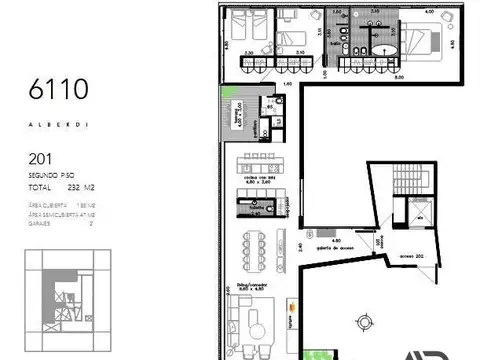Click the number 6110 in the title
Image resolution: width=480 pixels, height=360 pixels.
point(60,90)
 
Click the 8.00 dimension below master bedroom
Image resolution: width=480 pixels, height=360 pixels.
point(397,76)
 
